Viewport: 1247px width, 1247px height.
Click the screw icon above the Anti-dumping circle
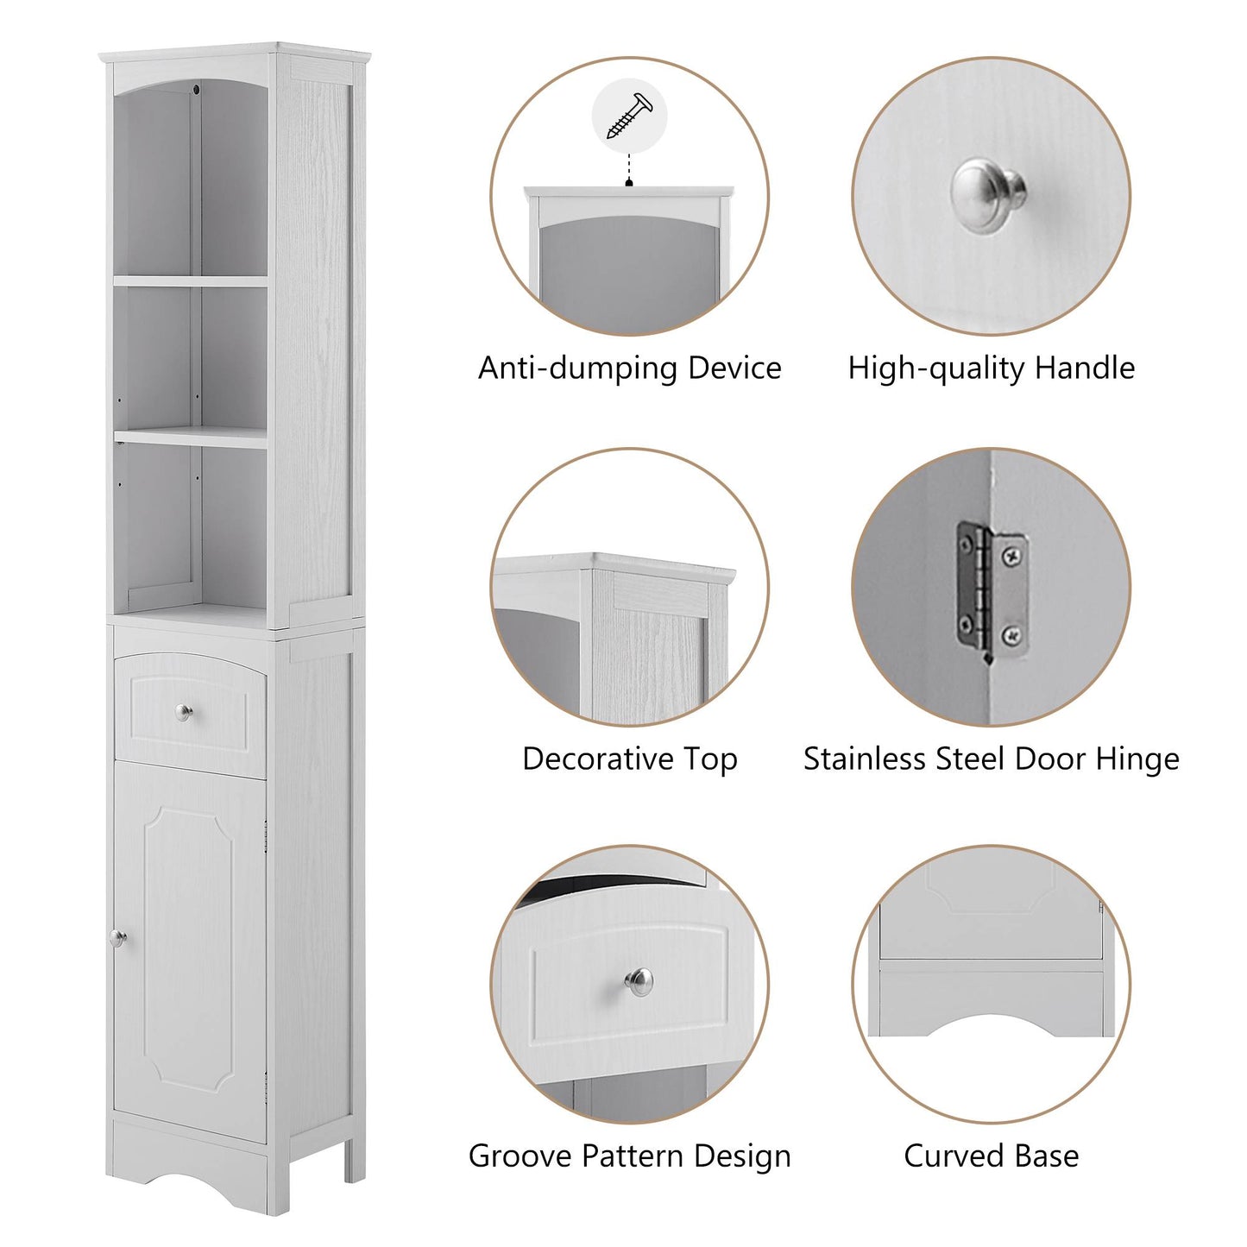630,116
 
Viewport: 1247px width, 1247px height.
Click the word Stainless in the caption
866,759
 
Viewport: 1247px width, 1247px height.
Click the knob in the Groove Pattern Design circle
639,981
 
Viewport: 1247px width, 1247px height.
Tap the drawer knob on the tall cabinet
184,712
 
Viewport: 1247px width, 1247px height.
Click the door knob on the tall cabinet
117,937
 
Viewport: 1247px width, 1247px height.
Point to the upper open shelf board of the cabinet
191,280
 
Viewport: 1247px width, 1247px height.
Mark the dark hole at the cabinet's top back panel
198,89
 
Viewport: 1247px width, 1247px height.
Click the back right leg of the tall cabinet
355,1161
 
